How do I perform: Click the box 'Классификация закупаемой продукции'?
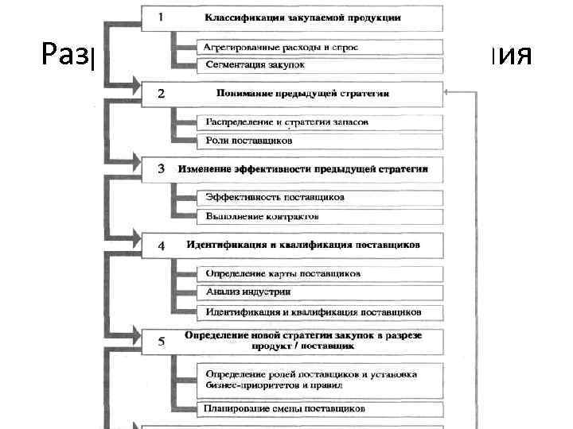click(x=302, y=17)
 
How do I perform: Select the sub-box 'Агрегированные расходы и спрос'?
click(x=282, y=47)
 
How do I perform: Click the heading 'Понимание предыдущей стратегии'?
click(x=302, y=94)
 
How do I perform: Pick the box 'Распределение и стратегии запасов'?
click(x=286, y=122)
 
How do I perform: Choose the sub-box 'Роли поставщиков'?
click(x=249, y=140)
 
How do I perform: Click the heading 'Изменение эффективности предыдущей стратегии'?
click(x=303, y=169)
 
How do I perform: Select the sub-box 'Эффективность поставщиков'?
click(x=275, y=197)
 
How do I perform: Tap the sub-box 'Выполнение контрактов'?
click(x=263, y=215)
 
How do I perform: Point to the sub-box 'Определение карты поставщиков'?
click(x=283, y=273)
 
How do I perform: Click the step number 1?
click(x=162, y=15)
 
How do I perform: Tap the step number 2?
click(x=162, y=94)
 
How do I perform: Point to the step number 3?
click(x=162, y=168)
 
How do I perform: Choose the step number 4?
click(x=162, y=245)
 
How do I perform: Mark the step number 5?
click(x=162, y=342)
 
